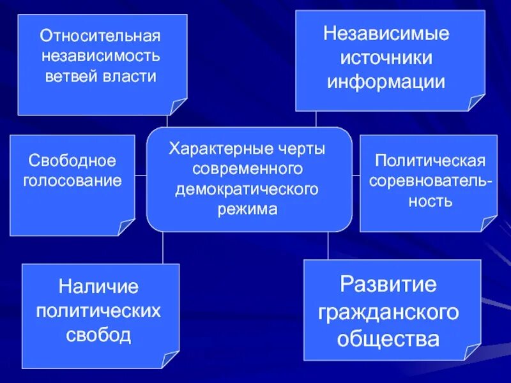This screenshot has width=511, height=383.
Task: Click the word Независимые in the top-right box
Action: coord(386,33)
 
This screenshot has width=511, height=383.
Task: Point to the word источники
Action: coord(386,57)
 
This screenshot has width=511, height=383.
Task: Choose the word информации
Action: coord(386,82)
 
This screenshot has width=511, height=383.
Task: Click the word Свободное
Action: coord(72,158)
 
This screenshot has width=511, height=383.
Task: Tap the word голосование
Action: coord(72,180)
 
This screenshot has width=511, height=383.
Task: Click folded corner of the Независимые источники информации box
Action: coord(476,102)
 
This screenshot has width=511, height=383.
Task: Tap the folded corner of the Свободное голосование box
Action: coord(126,227)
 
